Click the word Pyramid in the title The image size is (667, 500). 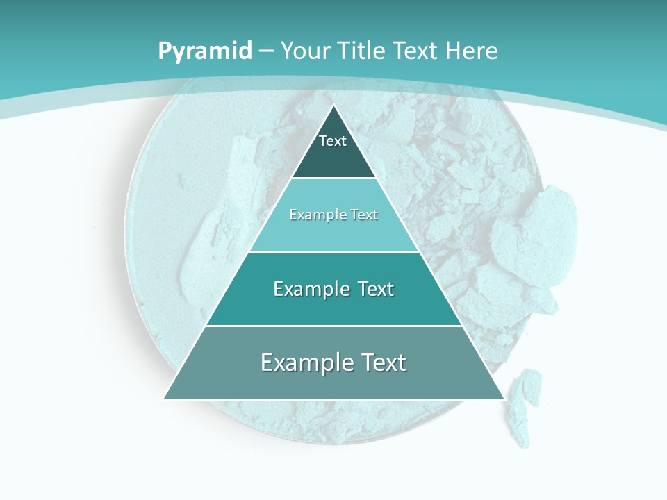click(204, 51)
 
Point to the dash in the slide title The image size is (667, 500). click(265, 51)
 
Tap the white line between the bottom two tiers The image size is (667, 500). click(333, 326)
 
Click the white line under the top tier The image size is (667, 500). click(333, 178)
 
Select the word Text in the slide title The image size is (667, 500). click(415, 51)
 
